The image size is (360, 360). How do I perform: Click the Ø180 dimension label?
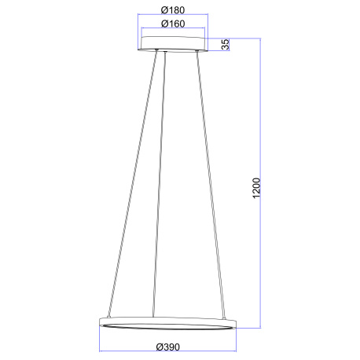pyautogui.click(x=172, y=9)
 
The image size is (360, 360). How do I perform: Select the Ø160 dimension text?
pyautogui.click(x=172, y=24)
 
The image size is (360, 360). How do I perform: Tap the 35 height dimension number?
pyautogui.click(x=225, y=44)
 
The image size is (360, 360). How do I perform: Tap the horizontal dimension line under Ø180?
pyautogui.click(x=172, y=16)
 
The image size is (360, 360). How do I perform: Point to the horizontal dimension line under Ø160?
pyautogui.click(x=172, y=30)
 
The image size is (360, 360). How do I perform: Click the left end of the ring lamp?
pyautogui.click(x=100, y=322)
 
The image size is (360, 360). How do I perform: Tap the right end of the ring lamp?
pyautogui.click(x=236, y=322)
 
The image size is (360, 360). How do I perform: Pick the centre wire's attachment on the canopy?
pyautogui.click(x=165, y=53)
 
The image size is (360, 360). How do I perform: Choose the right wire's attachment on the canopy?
pyautogui.click(x=195, y=53)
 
